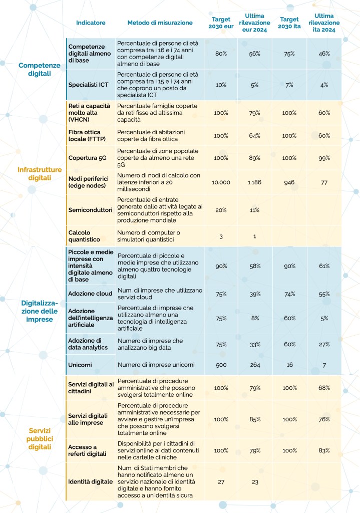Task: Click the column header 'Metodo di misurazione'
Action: click(160, 23)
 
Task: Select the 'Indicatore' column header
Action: click(91, 23)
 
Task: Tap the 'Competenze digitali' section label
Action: click(39, 69)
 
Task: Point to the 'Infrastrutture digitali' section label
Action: click(39, 173)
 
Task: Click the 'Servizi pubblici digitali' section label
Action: click(40, 438)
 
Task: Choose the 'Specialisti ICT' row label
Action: click(89, 85)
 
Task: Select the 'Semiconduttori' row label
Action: click(90, 210)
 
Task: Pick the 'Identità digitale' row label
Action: click(91, 481)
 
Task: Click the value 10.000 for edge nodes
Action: click(221, 182)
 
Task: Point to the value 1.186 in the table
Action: click(255, 182)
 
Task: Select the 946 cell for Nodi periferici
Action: click(289, 182)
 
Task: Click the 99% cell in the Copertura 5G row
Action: click(324, 158)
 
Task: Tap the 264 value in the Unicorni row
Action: click(255, 365)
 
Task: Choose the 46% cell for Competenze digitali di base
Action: click(324, 54)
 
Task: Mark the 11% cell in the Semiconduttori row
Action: click(255, 210)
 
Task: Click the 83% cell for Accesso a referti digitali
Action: click(324, 450)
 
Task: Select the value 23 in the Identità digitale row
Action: click(255, 481)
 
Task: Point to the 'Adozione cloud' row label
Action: click(90, 294)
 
